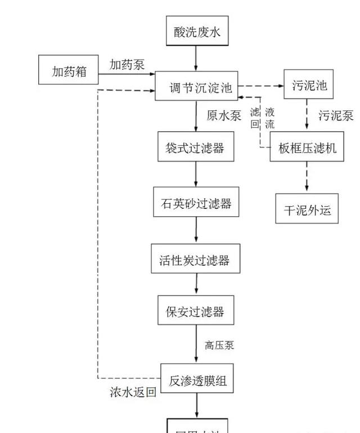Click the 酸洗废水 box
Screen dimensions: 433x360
(x=196, y=32)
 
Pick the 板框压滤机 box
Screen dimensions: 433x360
(x=307, y=148)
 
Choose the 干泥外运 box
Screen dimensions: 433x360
(x=307, y=209)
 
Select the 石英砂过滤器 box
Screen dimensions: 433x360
(x=196, y=203)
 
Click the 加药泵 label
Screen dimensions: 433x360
(x=127, y=65)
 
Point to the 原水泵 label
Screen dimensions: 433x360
(x=224, y=115)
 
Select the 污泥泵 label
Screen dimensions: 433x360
(x=336, y=116)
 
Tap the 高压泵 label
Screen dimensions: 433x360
(x=219, y=345)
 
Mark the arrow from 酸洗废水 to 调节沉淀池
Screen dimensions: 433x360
(x=196, y=58)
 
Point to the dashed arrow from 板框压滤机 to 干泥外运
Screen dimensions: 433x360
(x=307, y=177)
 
